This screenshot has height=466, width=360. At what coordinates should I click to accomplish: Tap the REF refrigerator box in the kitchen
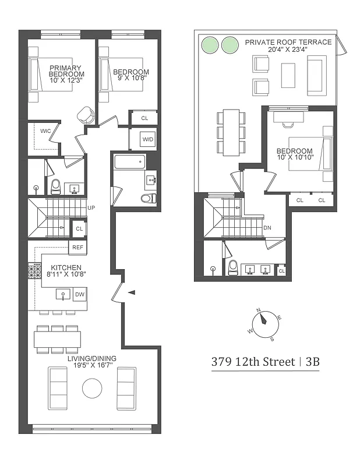pos(77,248)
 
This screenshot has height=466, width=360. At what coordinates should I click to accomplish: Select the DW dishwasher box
pos(80,295)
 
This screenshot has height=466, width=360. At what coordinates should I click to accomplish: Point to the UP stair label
pos(91,207)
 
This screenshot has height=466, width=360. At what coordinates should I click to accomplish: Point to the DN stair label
pos(267,228)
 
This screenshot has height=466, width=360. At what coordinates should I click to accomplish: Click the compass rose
pos(265,322)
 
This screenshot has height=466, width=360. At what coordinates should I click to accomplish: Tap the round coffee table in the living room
pos(92,389)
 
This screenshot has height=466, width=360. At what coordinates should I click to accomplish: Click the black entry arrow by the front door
pos(132,292)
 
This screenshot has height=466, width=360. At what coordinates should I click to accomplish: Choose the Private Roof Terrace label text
pos(288,42)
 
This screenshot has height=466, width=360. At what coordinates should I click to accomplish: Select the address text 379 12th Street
pos(252,362)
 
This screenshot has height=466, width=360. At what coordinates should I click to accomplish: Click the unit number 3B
pos(312,362)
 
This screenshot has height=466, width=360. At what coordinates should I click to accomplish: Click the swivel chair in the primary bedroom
pos(87,115)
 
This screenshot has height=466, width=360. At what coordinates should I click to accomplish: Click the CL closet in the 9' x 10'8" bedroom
pos(144,118)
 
